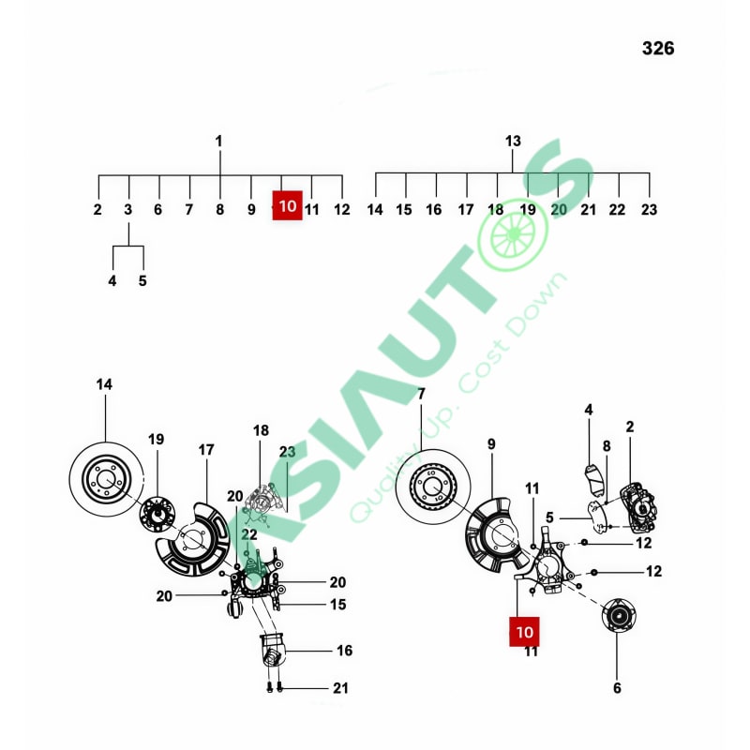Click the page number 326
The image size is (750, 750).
[x=658, y=49]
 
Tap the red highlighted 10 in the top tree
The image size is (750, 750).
[x=288, y=205]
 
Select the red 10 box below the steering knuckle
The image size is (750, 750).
[x=524, y=632]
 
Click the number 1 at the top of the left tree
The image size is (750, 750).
[x=219, y=142]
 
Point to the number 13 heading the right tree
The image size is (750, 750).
[x=513, y=142]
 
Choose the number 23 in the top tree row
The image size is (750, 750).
[x=649, y=209]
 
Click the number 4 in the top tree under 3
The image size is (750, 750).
[x=112, y=280]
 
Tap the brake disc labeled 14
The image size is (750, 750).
[x=106, y=479]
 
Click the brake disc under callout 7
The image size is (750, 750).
[x=433, y=487]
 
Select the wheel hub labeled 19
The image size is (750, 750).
[x=157, y=515]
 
